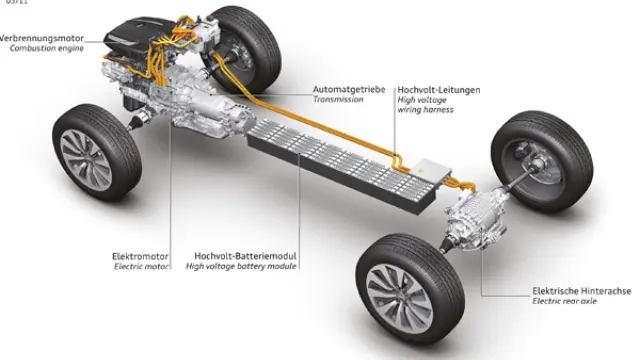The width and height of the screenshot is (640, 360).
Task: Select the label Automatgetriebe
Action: tap(348, 89)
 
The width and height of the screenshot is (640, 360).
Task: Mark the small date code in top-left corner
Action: tap(13, 4)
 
